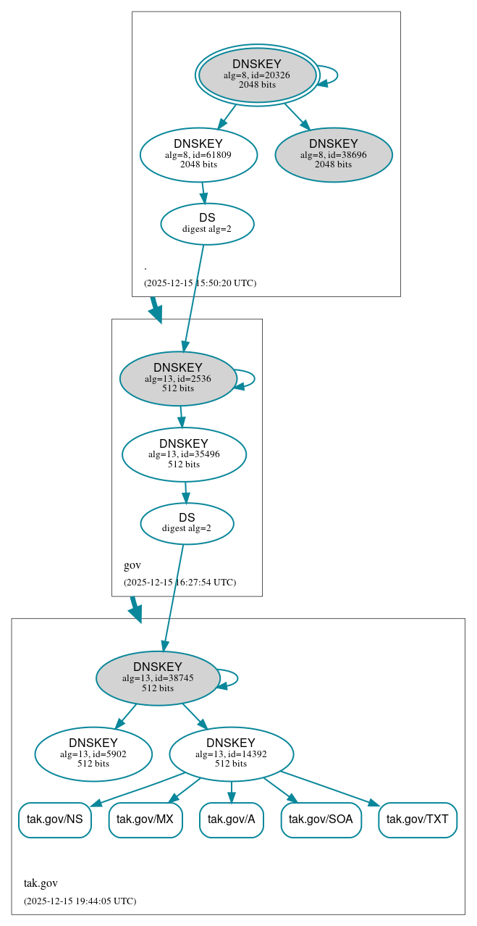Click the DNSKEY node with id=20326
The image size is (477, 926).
pos(257,75)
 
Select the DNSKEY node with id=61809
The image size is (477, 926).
pos(198,154)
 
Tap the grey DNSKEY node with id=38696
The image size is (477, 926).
pos(334,154)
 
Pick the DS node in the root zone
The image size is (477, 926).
pos(207,223)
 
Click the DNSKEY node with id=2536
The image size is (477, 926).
pos(178,378)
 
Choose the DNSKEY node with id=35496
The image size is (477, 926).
pos(184,454)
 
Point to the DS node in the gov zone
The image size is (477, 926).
pos(187,523)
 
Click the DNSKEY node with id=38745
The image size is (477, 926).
pos(158,678)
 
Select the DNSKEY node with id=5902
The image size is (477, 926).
pos(93,754)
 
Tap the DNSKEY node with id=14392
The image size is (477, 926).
pos(231,754)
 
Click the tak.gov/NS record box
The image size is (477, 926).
pos(55,819)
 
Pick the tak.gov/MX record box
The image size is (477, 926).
pos(145,819)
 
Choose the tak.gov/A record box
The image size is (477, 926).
pos(231,819)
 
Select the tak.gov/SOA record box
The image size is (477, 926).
pos(321,819)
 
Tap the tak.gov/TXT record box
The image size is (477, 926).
pos(418,819)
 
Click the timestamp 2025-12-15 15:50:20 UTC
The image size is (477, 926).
pos(200,283)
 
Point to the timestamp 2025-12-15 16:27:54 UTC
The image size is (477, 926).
pos(180,582)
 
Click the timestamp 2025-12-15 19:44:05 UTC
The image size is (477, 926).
pos(80,901)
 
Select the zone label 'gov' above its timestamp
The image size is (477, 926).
pos(132,565)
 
